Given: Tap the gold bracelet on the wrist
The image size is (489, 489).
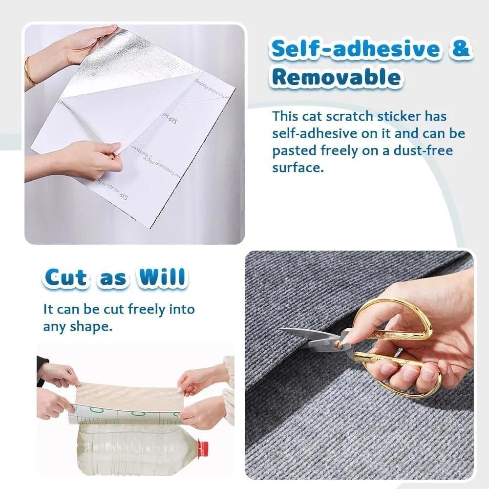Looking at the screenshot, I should pyautogui.click(x=30, y=71).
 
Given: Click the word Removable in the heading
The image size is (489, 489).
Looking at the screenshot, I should pyautogui.click(x=337, y=78).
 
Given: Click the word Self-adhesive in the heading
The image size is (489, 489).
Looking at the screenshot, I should pyautogui.click(x=348, y=50).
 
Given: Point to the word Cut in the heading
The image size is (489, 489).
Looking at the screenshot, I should pyautogui.click(x=66, y=278).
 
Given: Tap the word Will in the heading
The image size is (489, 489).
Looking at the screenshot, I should pyautogui.click(x=162, y=278).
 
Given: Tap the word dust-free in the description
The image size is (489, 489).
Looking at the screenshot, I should pyautogui.click(x=420, y=150).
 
